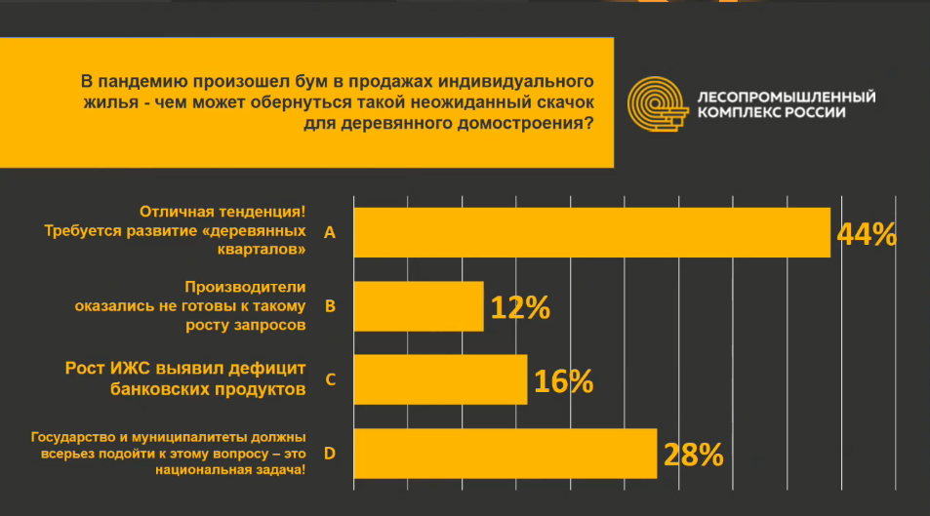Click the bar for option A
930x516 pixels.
(591, 233)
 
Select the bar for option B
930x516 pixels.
(419, 306)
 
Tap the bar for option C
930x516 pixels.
(440, 379)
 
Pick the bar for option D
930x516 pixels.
(505, 453)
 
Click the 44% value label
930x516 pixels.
(867, 234)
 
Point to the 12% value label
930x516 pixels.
(520, 308)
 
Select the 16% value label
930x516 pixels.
(564, 381)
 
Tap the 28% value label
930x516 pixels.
(693, 455)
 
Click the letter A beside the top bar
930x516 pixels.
(329, 233)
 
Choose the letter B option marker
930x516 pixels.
(330, 306)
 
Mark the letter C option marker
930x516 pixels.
(330, 379)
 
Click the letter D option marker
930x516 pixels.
(330, 453)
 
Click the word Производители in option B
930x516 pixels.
(246, 287)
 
